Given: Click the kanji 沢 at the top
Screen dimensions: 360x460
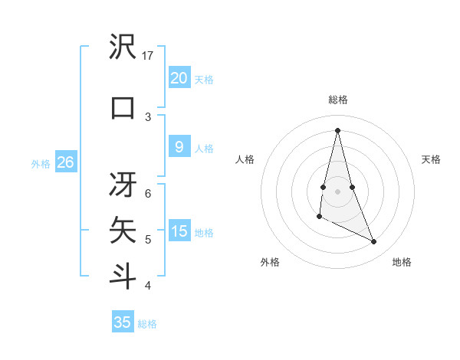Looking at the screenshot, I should pos(123,47).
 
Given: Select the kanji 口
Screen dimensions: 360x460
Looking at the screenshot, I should pos(123,107).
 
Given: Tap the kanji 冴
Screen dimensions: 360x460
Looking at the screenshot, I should pos(123,184).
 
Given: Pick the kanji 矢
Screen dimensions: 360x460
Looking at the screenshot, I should pos(123,229).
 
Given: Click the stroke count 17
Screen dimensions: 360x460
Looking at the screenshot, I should pos(148,56).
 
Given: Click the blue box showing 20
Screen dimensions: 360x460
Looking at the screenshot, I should pos(179,77).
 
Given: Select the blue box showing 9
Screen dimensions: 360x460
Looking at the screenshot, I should pos(179,147).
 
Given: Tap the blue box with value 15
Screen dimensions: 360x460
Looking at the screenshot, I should pos(179,231).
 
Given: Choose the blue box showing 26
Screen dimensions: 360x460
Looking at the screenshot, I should pos(65,162).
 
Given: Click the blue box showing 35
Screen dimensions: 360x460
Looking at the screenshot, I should pos(123,322).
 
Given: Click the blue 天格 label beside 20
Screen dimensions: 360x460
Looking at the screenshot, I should pos(204,79).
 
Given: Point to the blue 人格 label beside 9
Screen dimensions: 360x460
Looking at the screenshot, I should pos(204,149).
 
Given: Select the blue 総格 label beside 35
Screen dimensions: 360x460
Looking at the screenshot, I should pos(147,324).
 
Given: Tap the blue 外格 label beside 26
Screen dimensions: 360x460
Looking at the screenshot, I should pos(40,163).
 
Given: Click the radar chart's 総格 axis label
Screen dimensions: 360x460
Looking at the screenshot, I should pos(337,100).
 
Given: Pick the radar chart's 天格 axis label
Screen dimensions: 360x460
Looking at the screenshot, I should pos(431,159).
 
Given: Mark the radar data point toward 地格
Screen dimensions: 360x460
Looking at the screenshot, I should pos(374,242).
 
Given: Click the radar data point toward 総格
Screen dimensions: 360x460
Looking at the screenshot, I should pos(337,129).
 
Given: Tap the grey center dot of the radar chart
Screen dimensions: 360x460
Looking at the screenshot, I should pos(337,180).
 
